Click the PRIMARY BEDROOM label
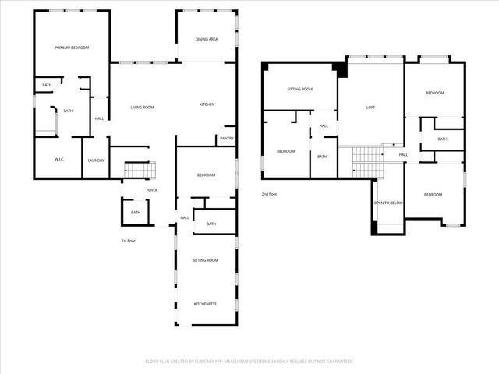pos(72,48)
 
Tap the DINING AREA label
pos(207,38)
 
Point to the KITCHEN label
pos(207,104)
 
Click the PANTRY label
pos(227,139)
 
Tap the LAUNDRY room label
pos(96,161)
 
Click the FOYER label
pos(151,189)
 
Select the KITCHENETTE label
pos(206,303)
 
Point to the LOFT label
pos(371,107)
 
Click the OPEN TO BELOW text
pos(388,203)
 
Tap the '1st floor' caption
pos(129,241)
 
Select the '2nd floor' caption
pos(270,194)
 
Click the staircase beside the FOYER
pos(140,170)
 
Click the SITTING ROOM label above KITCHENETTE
pos(206,259)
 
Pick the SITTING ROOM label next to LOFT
pos(300,90)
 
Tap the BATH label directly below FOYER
pos(136,212)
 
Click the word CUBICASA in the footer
pos(221,362)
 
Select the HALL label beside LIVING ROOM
pos(99,118)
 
